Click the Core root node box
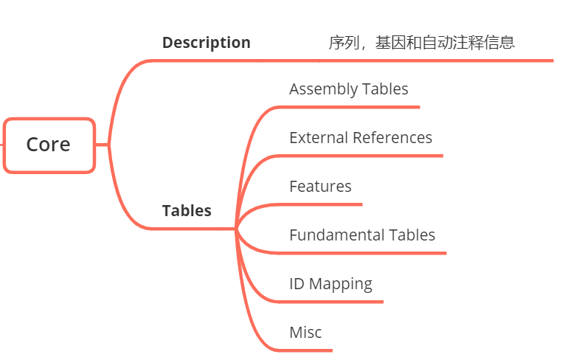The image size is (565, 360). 49,145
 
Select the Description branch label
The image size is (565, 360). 206,43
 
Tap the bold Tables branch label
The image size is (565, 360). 187,211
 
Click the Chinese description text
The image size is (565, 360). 421,43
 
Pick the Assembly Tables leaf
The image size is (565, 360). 348,89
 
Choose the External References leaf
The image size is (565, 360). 361,138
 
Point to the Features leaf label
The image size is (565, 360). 320,187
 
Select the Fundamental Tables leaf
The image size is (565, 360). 362,235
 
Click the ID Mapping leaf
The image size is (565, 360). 330,284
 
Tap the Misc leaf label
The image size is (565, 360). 305,333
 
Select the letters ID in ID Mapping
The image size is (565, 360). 297,284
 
